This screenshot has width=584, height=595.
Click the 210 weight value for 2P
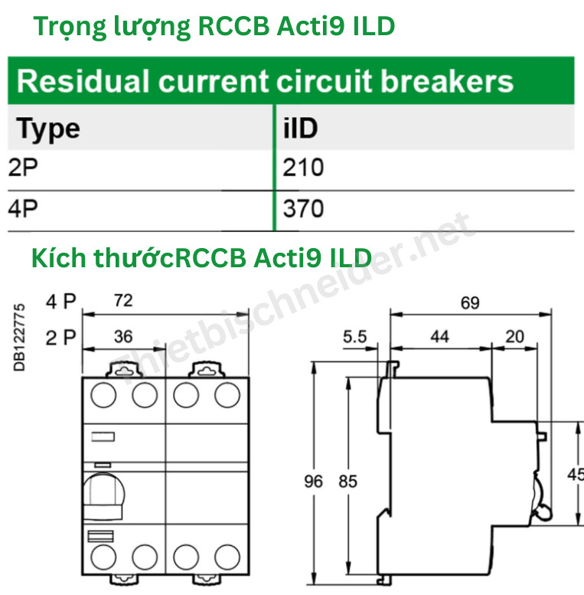pyautogui.click(x=303, y=168)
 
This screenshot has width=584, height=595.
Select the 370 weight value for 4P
pyautogui.click(x=303, y=208)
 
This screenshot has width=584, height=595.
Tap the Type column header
pyautogui.click(x=48, y=128)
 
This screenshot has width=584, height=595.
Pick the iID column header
pyautogui.click(x=300, y=128)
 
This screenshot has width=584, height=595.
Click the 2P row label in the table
pyautogui.click(x=23, y=168)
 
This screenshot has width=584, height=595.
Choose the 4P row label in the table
pyautogui.click(x=23, y=208)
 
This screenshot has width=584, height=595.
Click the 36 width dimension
pyautogui.click(x=122, y=335)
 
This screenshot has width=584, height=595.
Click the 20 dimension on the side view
pyautogui.click(x=516, y=336)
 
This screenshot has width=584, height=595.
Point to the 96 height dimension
pyautogui.click(x=314, y=482)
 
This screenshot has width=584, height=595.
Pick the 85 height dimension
pyautogui.click(x=348, y=482)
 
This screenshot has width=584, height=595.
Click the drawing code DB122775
pyautogui.click(x=21, y=337)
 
